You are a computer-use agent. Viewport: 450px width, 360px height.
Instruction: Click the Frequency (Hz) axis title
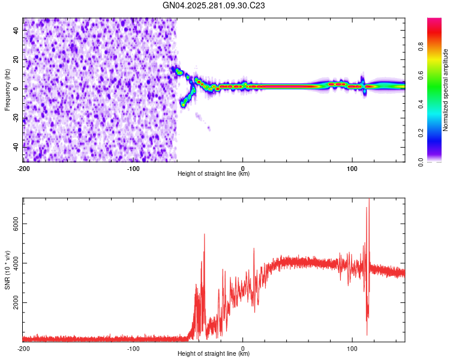(x=7, y=90)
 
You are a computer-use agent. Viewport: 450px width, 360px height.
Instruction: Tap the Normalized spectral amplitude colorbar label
(x=446, y=90)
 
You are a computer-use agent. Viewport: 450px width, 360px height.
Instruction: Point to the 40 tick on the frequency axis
(x=16, y=30)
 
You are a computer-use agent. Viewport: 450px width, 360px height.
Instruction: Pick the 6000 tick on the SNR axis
(x=12, y=223)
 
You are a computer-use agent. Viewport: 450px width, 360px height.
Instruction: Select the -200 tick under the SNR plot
(x=23, y=348)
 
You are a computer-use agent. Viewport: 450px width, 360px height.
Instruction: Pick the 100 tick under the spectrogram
(x=353, y=168)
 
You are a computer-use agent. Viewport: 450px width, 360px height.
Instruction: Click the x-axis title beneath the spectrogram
(x=214, y=174)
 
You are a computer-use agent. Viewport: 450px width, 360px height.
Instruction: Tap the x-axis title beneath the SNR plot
(x=214, y=354)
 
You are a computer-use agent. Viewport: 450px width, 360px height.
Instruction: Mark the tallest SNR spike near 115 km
(x=369, y=201)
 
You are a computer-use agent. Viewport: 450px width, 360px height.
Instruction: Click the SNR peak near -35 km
(x=205, y=235)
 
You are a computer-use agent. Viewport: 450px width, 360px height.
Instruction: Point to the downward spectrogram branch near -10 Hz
(x=184, y=103)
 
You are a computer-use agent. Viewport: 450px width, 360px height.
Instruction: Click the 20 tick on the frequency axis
(x=16, y=59)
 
